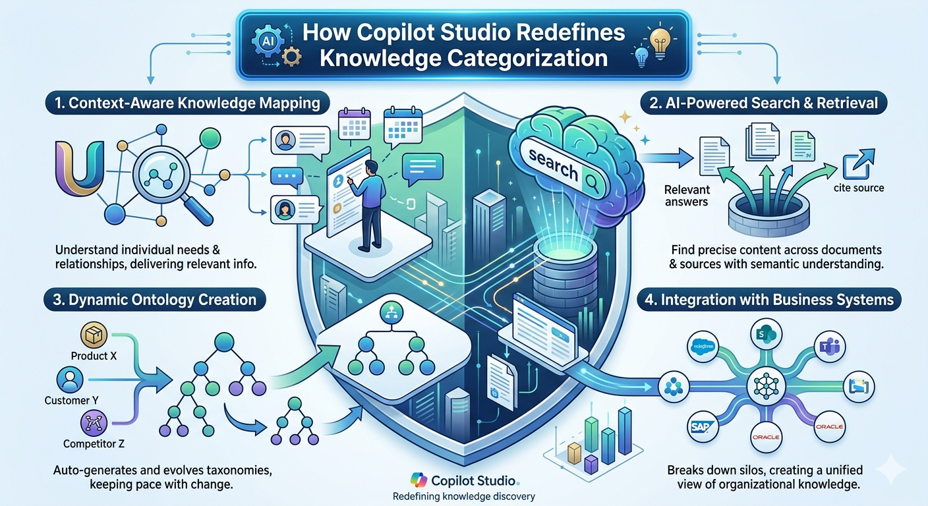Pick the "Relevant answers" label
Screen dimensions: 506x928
coord(687,196)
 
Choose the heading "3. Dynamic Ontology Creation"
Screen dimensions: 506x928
coord(155,300)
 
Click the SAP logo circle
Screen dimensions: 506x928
coord(699,427)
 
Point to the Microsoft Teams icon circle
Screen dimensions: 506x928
coord(823,349)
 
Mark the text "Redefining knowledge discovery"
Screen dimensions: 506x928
coord(463,496)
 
